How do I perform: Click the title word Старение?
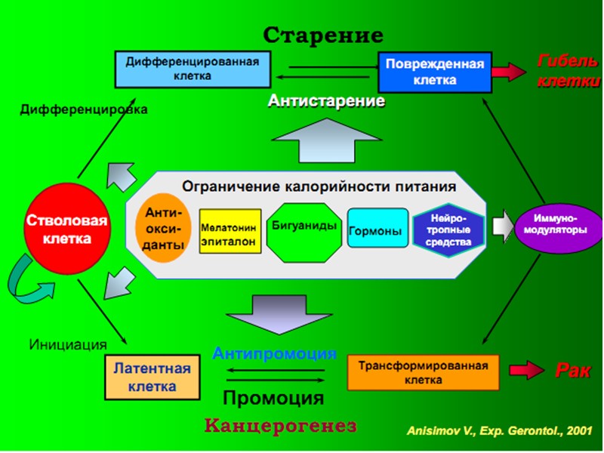coord(323,35)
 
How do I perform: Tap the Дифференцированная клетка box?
coord(193,69)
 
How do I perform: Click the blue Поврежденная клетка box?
coord(434,72)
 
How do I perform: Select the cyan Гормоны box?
coord(375,231)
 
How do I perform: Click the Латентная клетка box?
coord(152,377)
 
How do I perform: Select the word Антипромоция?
coord(274,353)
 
